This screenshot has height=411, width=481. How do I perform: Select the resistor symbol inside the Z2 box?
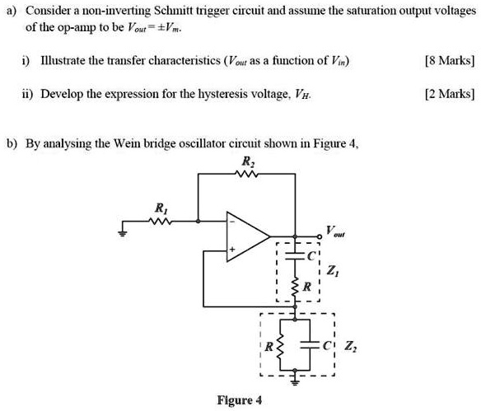point(278,347)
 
